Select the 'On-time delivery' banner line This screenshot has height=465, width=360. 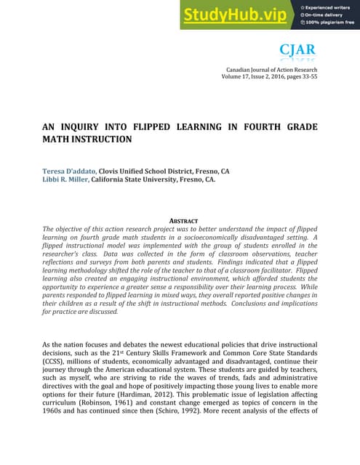[323, 14]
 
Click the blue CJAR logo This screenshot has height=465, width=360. [297, 49]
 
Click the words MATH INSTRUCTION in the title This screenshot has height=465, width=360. [87, 139]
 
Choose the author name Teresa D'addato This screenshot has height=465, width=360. [69, 171]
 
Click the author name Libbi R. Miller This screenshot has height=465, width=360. [65, 181]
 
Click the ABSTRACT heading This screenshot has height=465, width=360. [180, 219]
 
